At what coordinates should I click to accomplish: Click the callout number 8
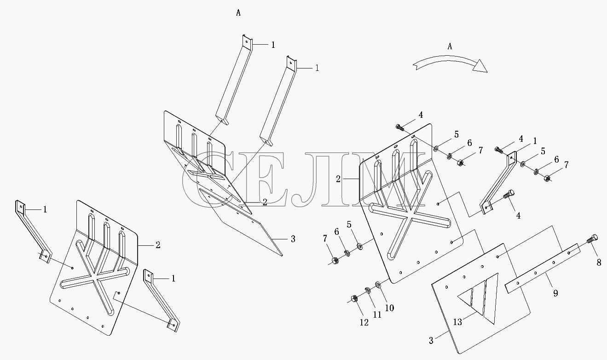(599, 262)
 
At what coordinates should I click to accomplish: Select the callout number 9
(555, 293)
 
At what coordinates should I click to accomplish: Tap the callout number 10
(389, 308)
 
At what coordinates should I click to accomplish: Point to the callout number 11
(377, 315)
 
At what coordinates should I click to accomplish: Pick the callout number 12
(364, 323)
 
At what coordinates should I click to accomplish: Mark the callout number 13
(457, 322)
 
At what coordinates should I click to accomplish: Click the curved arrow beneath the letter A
(450, 64)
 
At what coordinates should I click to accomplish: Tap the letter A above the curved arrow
(450, 46)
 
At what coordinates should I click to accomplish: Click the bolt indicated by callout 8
(592, 238)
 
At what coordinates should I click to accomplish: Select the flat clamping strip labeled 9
(543, 268)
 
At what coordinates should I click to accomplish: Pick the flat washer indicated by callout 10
(378, 285)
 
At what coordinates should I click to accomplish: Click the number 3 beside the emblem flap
(431, 341)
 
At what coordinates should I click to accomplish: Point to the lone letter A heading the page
(238, 13)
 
